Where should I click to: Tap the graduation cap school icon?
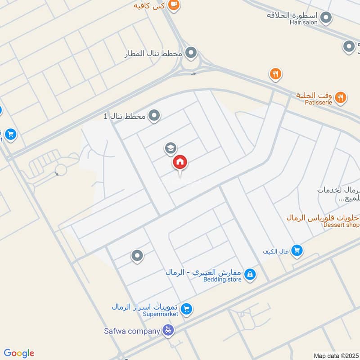[x=170, y=148]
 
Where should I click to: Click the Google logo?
[x=18, y=353]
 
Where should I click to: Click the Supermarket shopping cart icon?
[x=187, y=309]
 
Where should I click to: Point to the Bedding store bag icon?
[x=250, y=274]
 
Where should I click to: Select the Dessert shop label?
[x=342, y=225]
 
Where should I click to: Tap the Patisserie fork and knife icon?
[x=341, y=96]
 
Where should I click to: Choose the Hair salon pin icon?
[x=326, y=18]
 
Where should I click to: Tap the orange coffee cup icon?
[x=173, y=5]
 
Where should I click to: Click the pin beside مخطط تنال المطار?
[x=191, y=53]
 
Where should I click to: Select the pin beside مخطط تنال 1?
[x=154, y=116]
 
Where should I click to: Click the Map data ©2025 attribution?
[x=336, y=355]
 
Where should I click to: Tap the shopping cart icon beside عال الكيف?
[x=297, y=251]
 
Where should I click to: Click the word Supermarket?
[x=160, y=314]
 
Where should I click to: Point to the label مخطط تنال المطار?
[x=153, y=54]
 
